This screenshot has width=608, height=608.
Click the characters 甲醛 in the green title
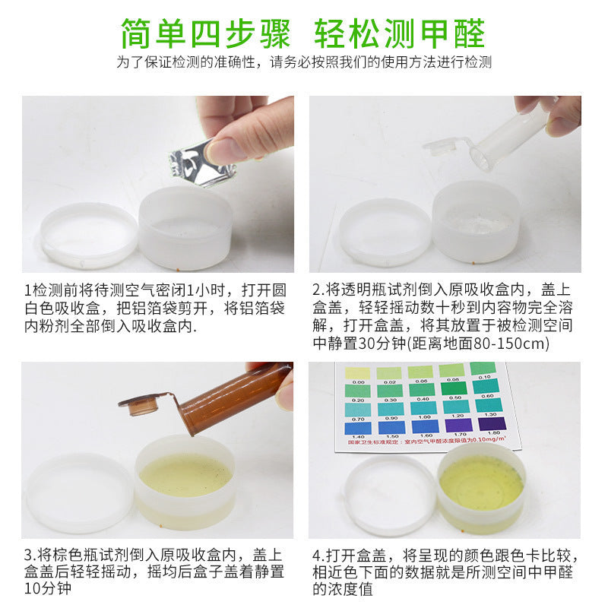tap(454, 33)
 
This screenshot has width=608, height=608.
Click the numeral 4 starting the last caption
tap(316, 554)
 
